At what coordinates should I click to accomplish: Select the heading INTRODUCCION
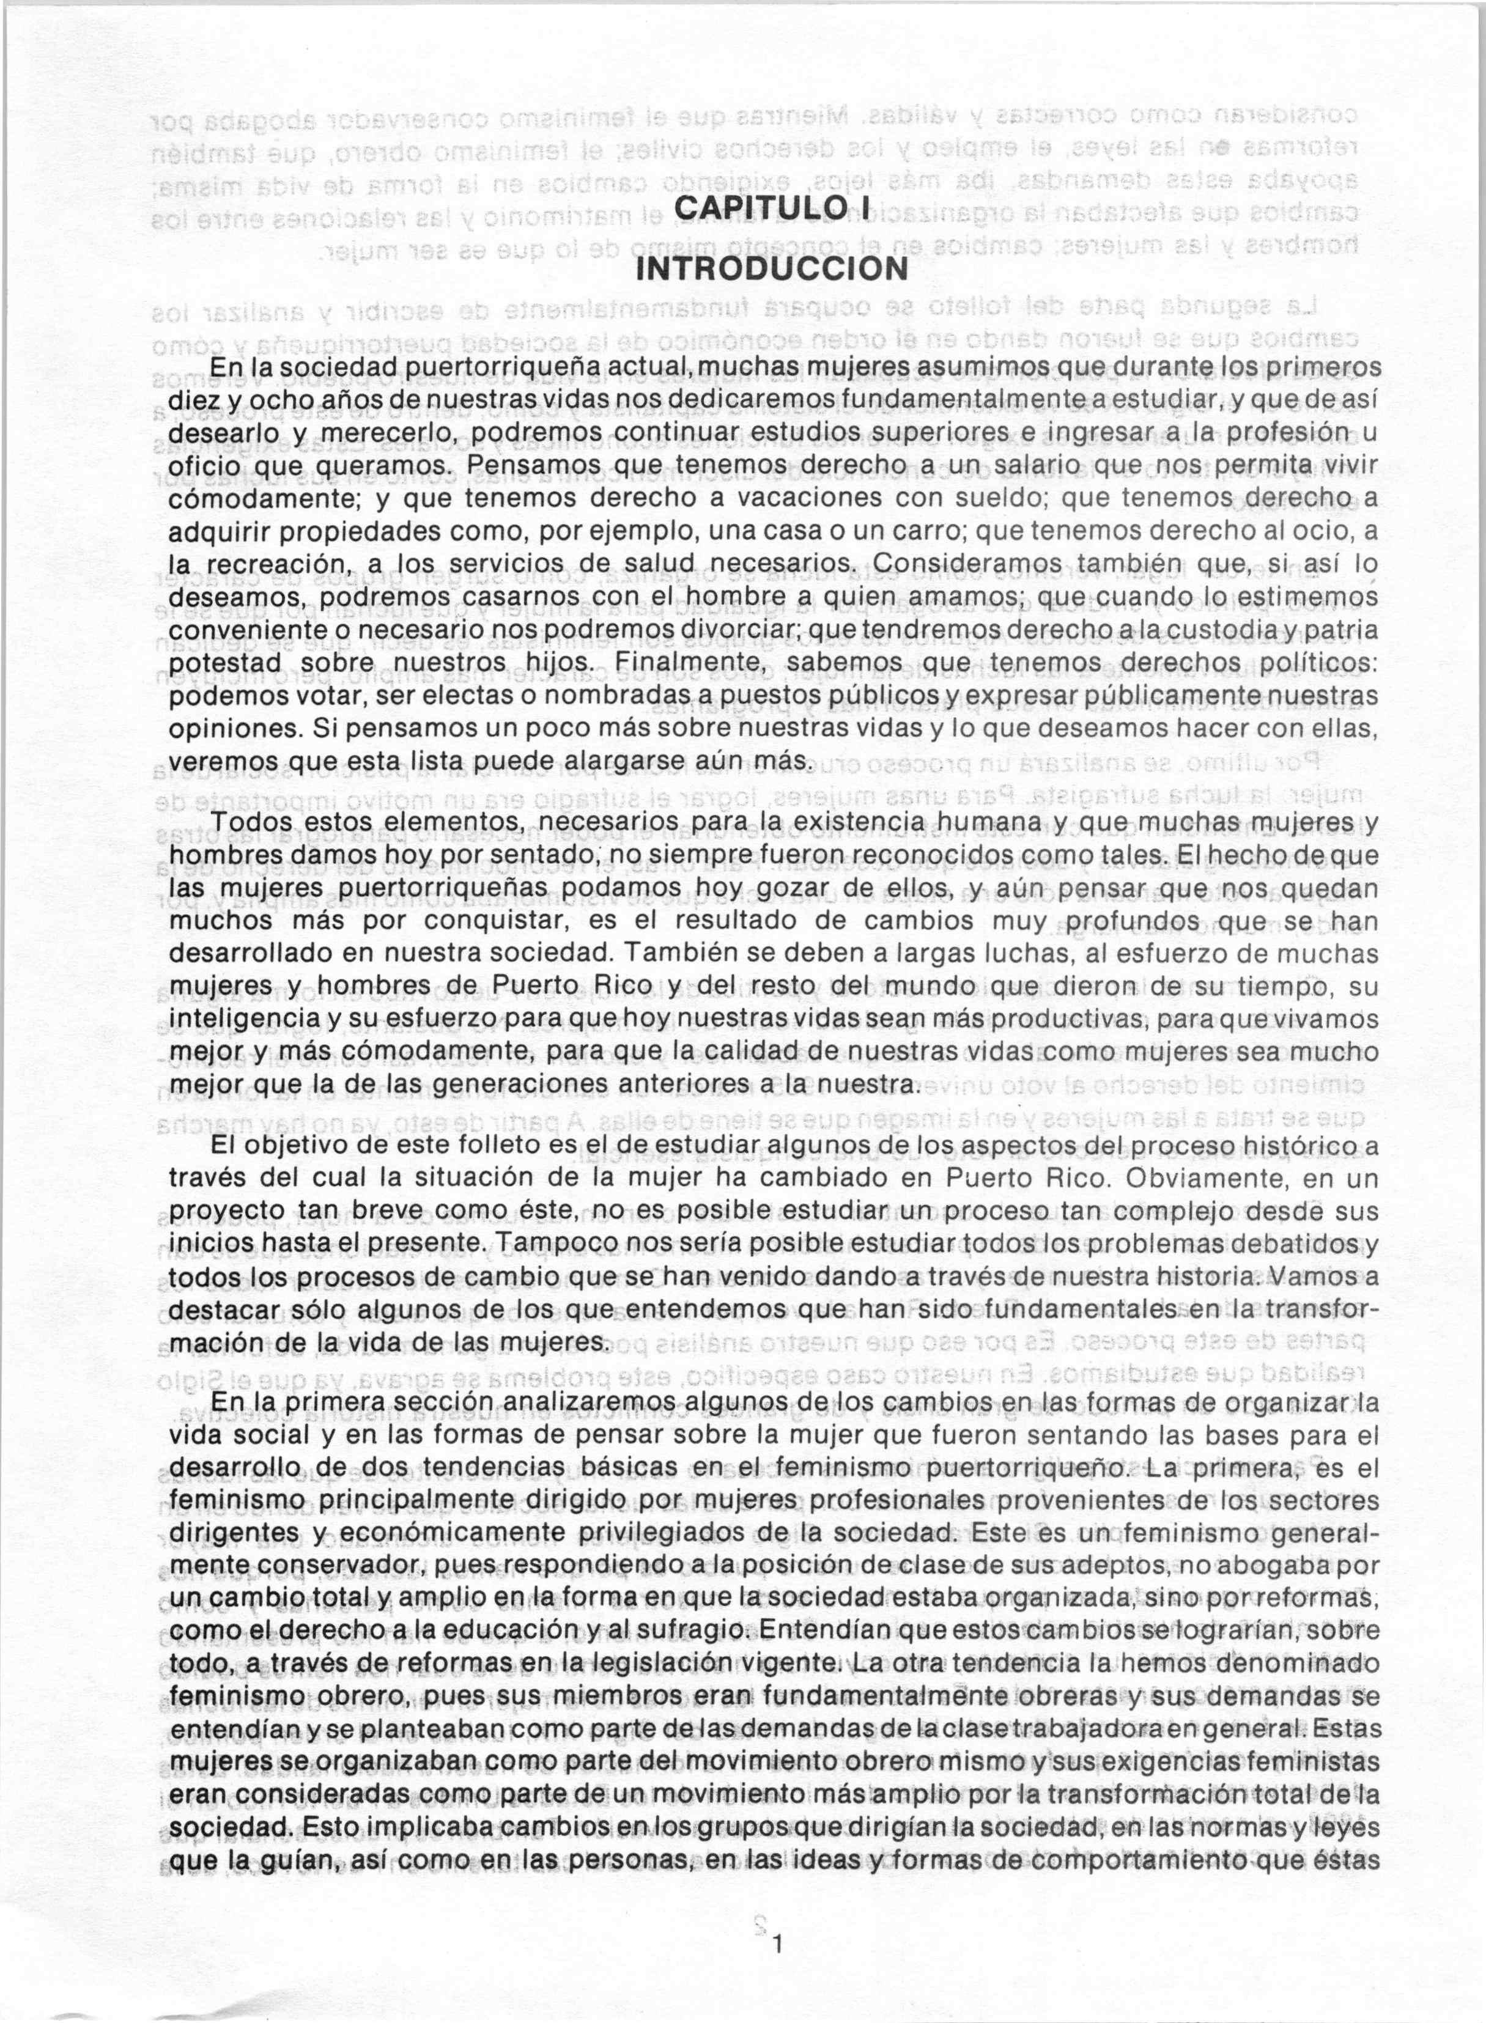click(x=771, y=268)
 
